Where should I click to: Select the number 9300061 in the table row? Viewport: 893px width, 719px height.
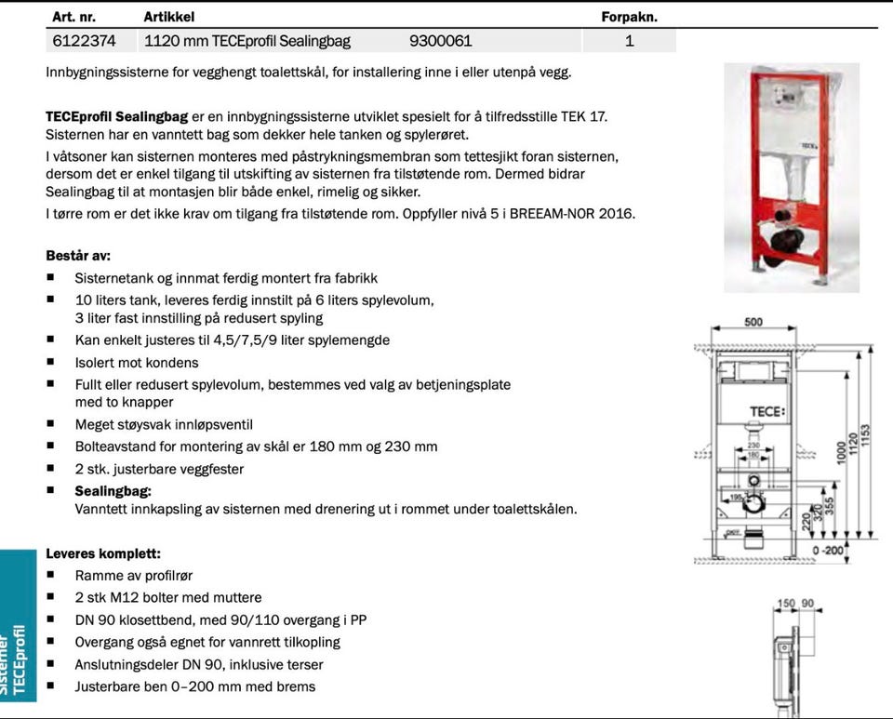pyautogui.click(x=440, y=41)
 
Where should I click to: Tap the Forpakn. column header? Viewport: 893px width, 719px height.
pyautogui.click(x=629, y=17)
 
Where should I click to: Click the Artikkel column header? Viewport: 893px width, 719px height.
pyautogui.click(x=169, y=17)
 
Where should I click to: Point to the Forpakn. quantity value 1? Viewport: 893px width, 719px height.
pyautogui.click(x=630, y=41)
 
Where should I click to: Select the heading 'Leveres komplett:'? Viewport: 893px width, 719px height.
pyautogui.click(x=103, y=553)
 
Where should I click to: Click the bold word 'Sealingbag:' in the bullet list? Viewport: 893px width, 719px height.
pyautogui.click(x=113, y=490)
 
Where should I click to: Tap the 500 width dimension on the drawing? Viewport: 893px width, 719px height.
pyautogui.click(x=753, y=323)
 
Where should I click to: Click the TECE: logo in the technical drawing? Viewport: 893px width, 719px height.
pyautogui.click(x=767, y=411)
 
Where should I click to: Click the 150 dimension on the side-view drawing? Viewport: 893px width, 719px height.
pyautogui.click(x=786, y=604)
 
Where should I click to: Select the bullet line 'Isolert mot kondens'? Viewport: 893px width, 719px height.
pyautogui.click(x=137, y=363)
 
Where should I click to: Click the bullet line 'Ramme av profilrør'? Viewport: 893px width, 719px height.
pyautogui.click(x=134, y=576)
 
